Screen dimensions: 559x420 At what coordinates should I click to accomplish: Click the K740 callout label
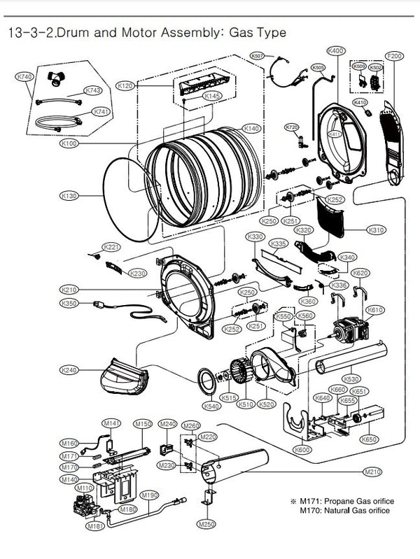pyautogui.click(x=24, y=76)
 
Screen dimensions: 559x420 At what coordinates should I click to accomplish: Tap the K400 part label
pyautogui.click(x=336, y=51)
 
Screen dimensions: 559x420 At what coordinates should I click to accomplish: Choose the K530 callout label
pyautogui.click(x=372, y=379)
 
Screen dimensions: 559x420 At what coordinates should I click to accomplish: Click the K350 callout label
pyautogui.click(x=69, y=304)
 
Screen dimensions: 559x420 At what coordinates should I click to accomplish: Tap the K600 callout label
pyautogui.click(x=303, y=450)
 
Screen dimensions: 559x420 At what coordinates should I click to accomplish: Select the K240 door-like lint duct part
pyautogui.click(x=120, y=377)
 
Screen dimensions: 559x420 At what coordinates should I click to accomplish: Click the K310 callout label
pyautogui.click(x=377, y=229)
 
